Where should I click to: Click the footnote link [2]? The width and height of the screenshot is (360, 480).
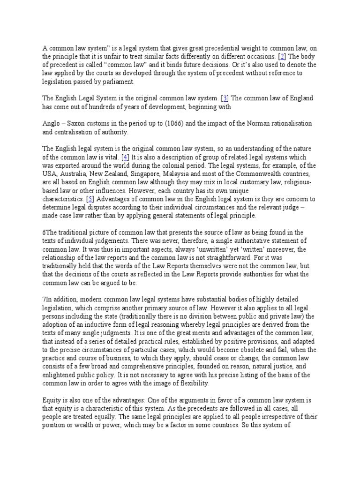tap(269, 56)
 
